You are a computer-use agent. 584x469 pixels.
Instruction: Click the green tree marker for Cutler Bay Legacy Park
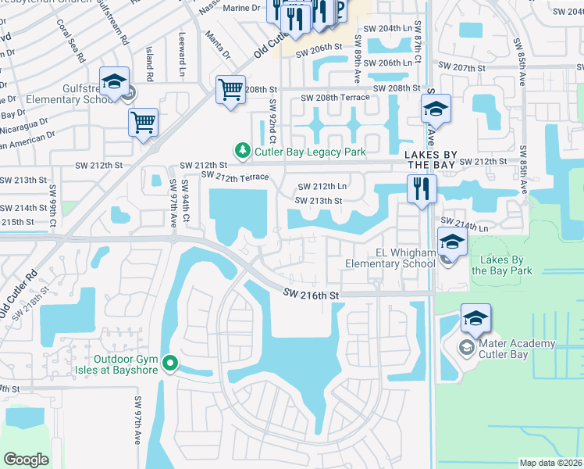[x=243, y=151]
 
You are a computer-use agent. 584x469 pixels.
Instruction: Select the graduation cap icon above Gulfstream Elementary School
[x=114, y=81]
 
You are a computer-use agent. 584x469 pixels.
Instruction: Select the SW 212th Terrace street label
[x=235, y=177]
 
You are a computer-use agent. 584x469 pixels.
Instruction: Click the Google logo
[x=26, y=459]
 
